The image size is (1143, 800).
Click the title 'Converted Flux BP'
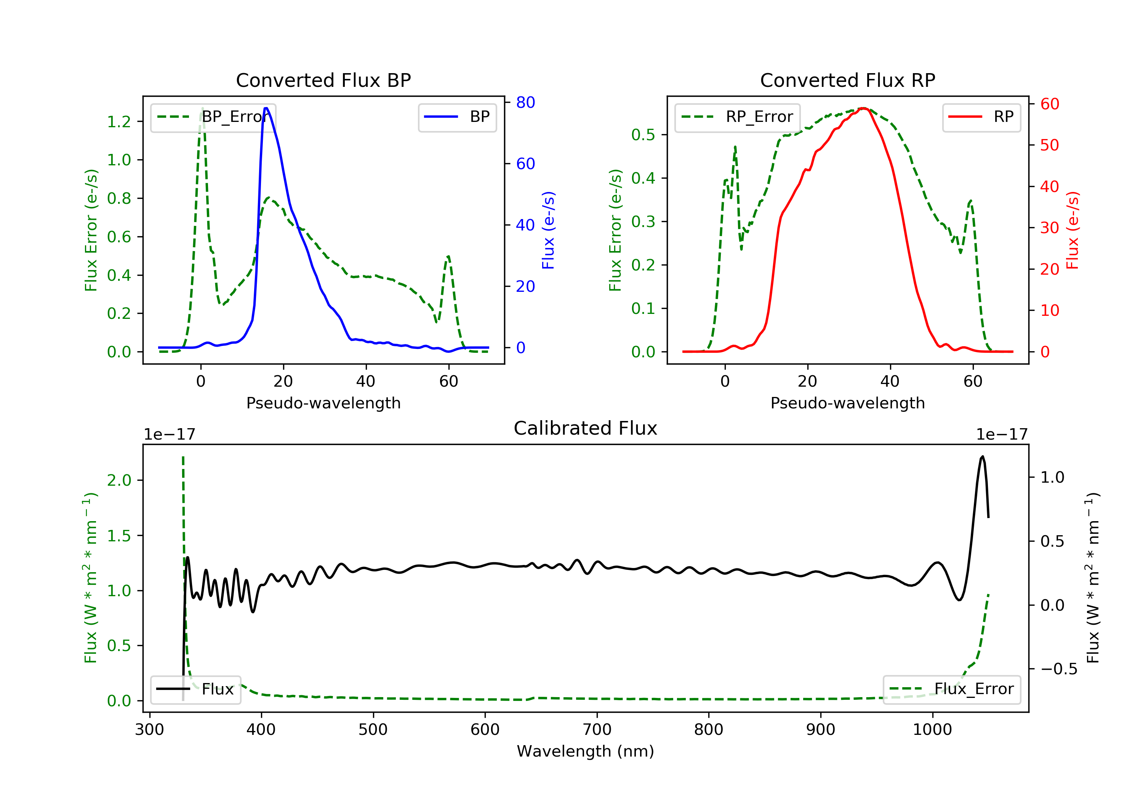[323, 80]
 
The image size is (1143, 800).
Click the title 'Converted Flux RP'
[847, 80]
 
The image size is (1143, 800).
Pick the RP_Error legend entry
[738, 117]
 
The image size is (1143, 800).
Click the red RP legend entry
[981, 117]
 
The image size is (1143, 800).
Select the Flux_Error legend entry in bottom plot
[952, 689]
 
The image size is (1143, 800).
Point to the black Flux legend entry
[196, 690]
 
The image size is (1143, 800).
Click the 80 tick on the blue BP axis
[525, 102]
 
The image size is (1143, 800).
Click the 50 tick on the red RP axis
[1049, 146]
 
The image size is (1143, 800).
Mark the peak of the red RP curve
[864, 108]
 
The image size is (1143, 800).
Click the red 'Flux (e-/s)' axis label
[1072, 230]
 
